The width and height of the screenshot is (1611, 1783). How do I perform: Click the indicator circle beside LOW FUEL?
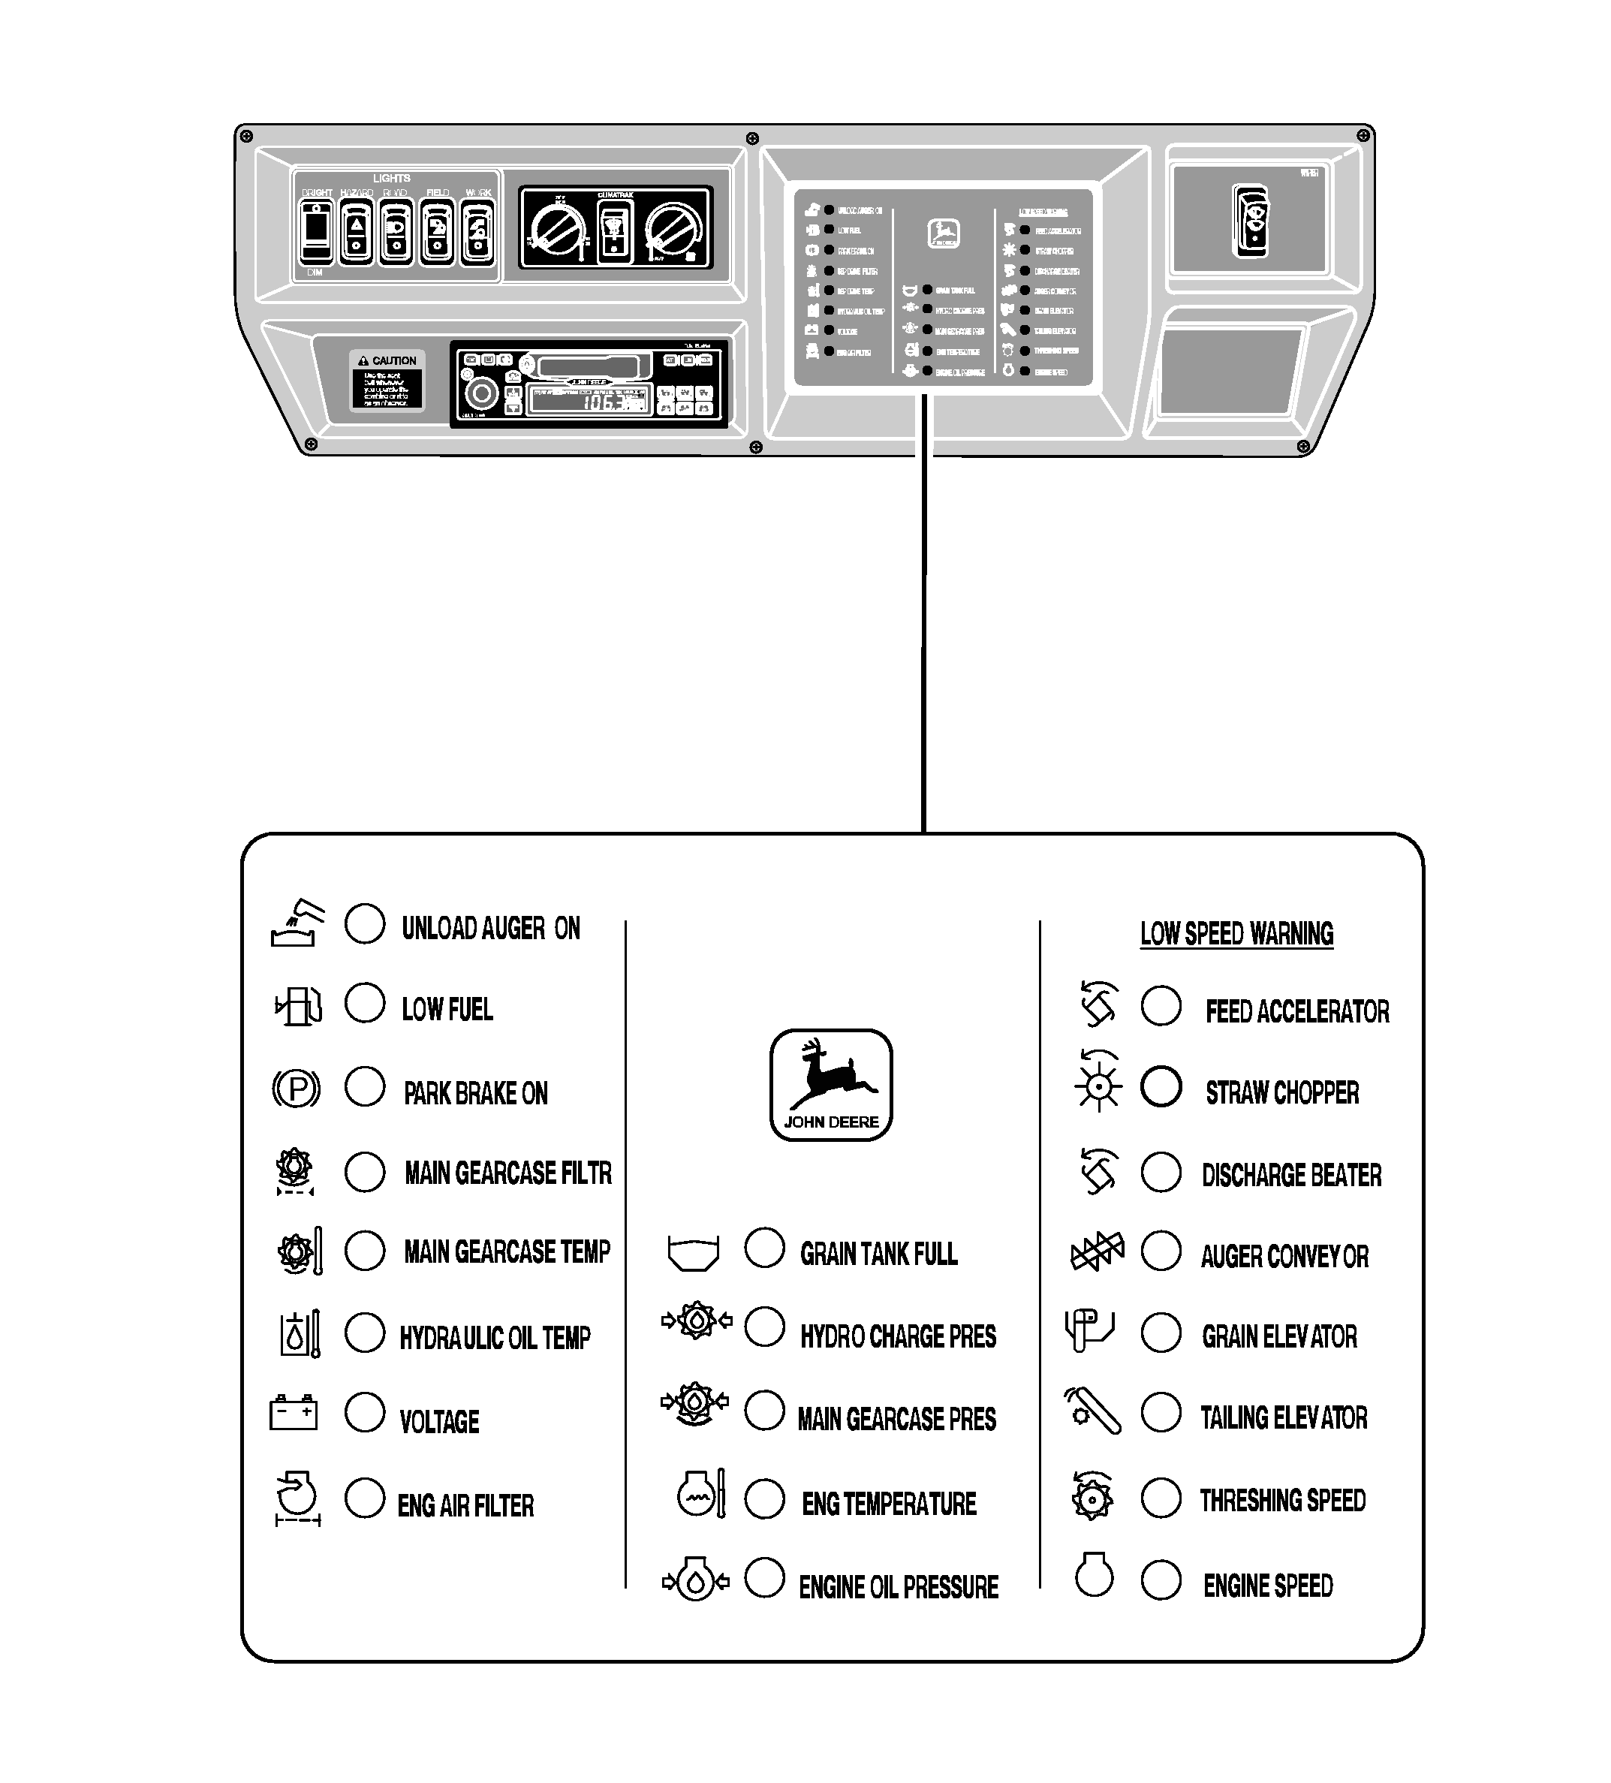coord(364,1003)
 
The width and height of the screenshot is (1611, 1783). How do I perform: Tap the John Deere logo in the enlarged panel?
coord(830,1084)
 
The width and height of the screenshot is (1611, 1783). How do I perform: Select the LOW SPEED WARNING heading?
coord(1236,934)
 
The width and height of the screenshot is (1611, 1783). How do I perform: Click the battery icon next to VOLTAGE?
coord(293,1412)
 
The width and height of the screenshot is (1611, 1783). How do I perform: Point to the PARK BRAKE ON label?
coord(476,1094)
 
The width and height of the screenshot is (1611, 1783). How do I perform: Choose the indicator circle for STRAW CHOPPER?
coord(1161,1086)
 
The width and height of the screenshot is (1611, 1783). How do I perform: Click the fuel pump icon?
coord(299,1005)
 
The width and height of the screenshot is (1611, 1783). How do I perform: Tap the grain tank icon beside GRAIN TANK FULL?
coord(693,1252)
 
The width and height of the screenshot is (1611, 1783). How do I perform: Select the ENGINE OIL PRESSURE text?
coord(899,1588)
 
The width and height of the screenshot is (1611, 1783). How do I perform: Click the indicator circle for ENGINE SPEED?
coord(1161,1580)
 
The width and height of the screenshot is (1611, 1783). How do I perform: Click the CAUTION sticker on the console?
coord(387,381)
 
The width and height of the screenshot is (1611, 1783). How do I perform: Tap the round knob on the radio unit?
coord(483,393)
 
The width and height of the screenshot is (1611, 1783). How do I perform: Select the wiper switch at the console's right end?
coord(1251,222)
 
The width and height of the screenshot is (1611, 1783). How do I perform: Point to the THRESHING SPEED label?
coord(1282,1501)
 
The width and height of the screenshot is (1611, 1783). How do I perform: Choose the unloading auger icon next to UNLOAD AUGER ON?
coord(297,923)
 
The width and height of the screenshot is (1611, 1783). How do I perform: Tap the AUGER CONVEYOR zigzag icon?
coord(1097,1252)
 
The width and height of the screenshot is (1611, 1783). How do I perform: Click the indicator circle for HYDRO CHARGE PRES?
coord(765,1327)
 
